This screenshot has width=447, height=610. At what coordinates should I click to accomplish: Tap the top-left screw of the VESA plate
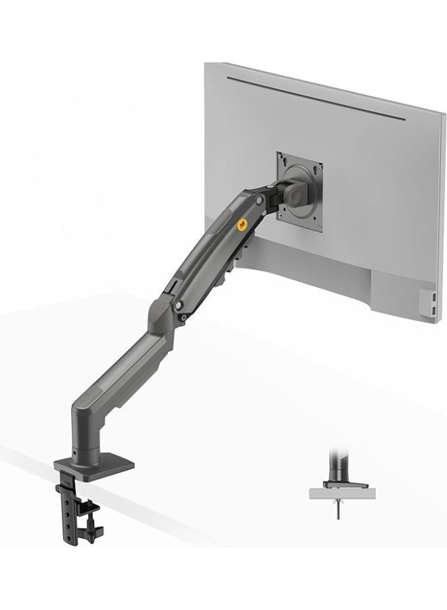[280, 158]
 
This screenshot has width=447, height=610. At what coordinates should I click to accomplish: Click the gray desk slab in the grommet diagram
[341, 494]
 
